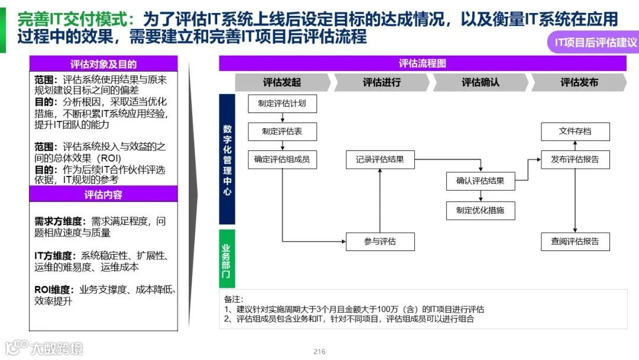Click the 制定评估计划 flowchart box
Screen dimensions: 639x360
pyautogui.click(x=282, y=104)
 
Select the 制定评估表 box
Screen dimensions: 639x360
pyautogui.click(x=282, y=131)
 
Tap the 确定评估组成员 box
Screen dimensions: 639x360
pyautogui.click(x=282, y=159)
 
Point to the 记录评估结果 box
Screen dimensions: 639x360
pyautogui.click(x=380, y=159)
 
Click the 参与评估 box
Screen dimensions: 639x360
pyautogui.click(x=380, y=242)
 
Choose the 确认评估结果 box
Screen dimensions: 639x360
pyautogui.click(x=480, y=181)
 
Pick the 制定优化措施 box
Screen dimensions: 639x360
pyautogui.click(x=480, y=210)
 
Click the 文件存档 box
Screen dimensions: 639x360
pyautogui.click(x=575, y=131)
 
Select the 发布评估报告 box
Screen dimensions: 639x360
pyautogui.click(x=575, y=159)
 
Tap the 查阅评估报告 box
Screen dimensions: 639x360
pyautogui.click(x=575, y=242)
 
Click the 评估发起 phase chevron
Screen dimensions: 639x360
pyautogui.click(x=282, y=83)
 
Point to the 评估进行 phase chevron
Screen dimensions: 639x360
pyautogui.click(x=382, y=83)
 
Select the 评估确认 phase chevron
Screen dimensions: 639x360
pyautogui.click(x=480, y=83)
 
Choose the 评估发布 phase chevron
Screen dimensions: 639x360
pyautogui.click(x=579, y=83)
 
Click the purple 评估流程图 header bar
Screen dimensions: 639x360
pyautogui.click(x=422, y=63)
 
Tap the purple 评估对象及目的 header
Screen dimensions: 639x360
pyautogui.click(x=104, y=64)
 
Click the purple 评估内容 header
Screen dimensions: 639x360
pyautogui.click(x=104, y=194)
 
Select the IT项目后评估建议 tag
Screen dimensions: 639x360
pyautogui.click(x=595, y=43)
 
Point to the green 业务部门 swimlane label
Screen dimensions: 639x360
pyautogui.click(x=227, y=259)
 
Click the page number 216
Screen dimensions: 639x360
pyautogui.click(x=319, y=352)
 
